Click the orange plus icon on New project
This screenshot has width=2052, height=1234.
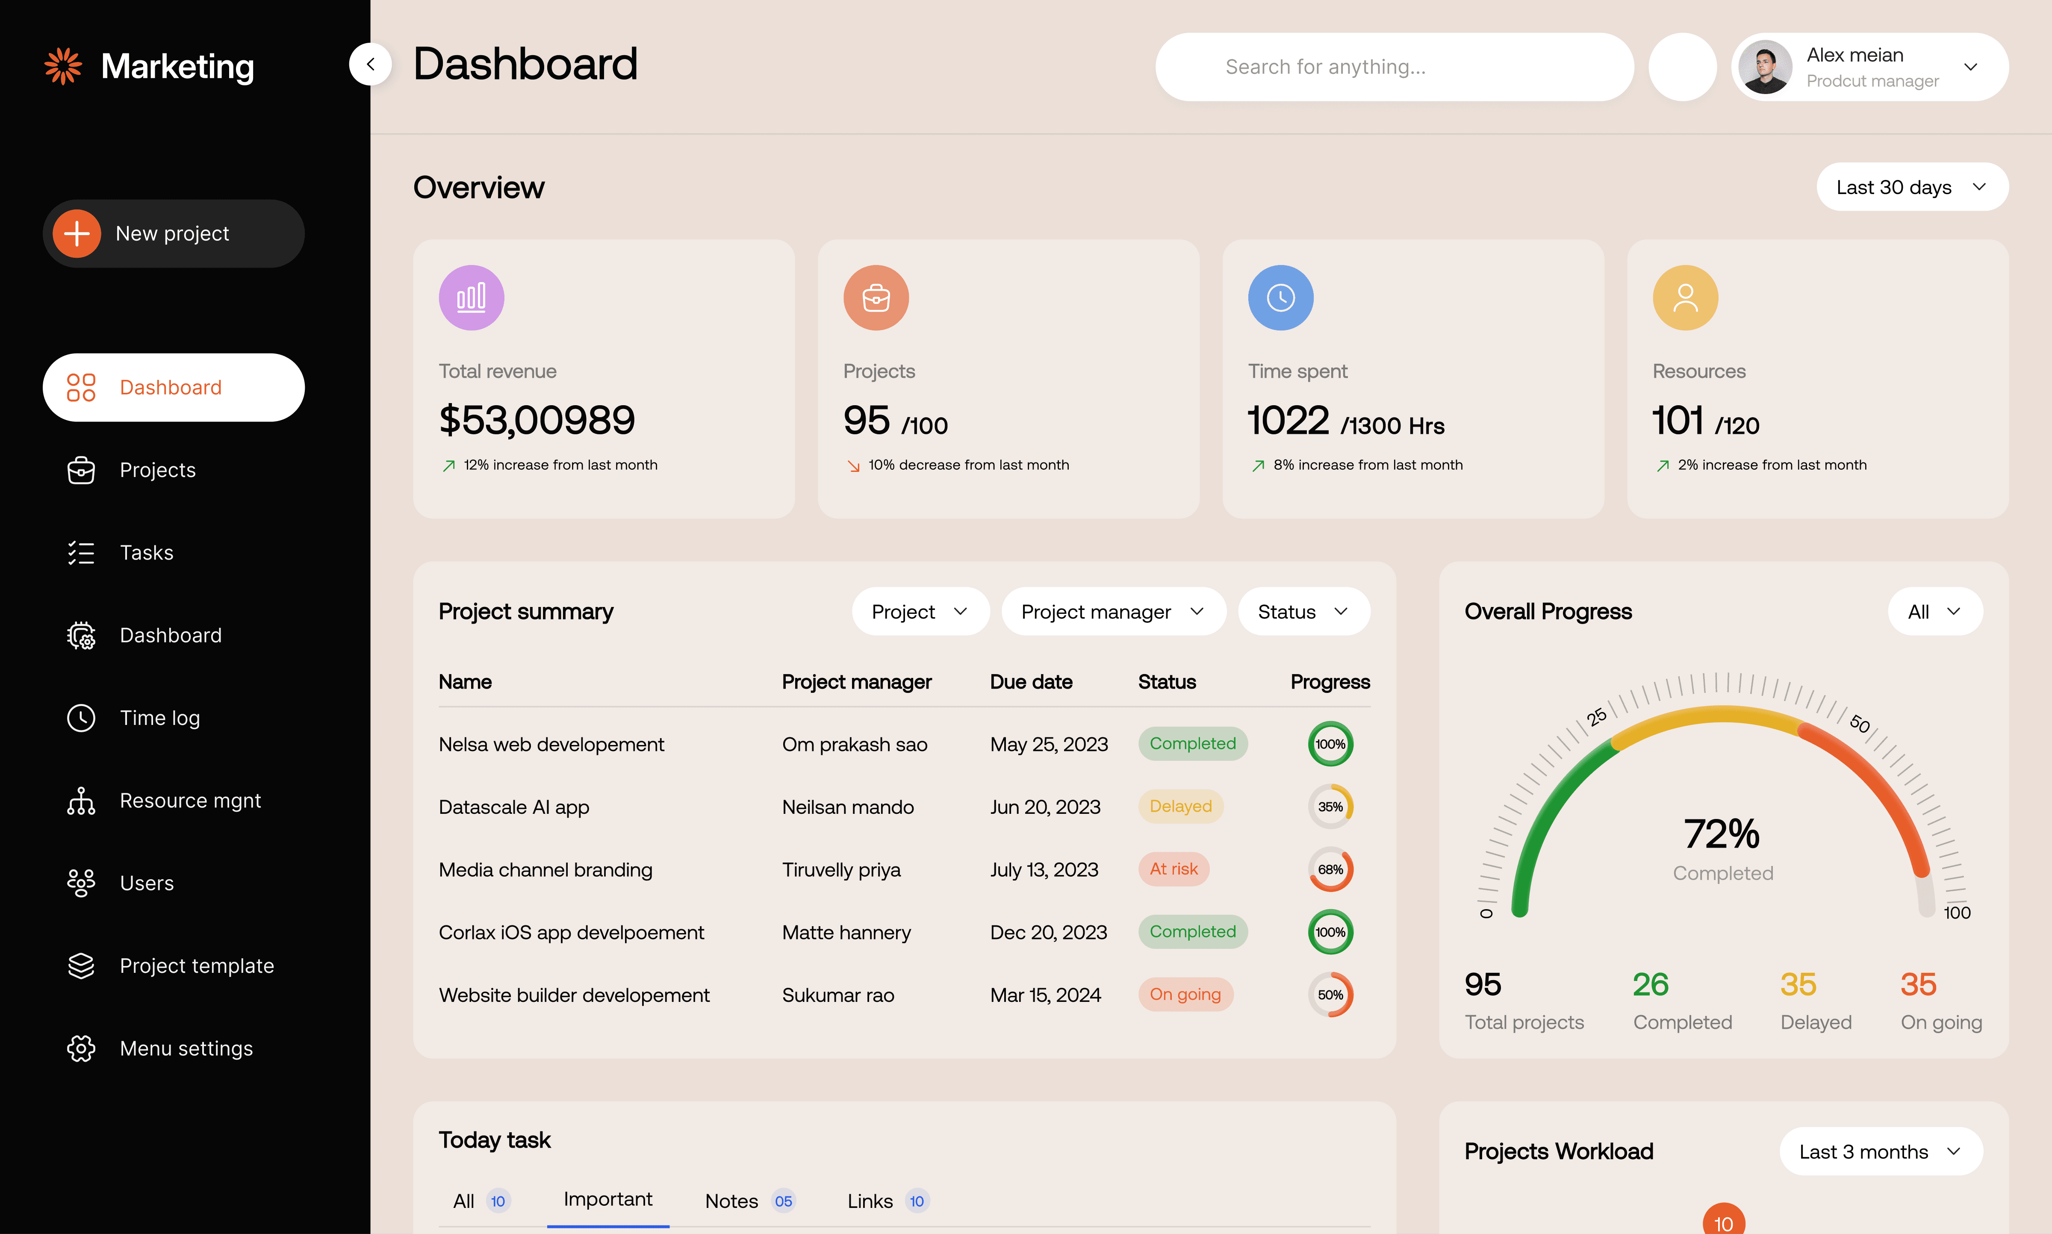[x=77, y=234]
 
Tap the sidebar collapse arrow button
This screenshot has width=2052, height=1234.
[x=370, y=64]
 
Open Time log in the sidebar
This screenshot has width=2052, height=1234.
[x=159, y=718]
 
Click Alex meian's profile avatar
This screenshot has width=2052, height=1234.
[x=1764, y=67]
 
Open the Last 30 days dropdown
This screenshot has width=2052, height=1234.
[x=1910, y=187]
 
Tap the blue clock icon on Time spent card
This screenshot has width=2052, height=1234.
[x=1280, y=297]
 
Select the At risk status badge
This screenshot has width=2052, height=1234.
[x=1173, y=869]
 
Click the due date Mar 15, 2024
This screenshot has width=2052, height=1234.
[x=1045, y=995]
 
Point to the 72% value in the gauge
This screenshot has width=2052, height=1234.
[x=1721, y=834]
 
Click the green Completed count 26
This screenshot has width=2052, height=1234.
[x=1651, y=984]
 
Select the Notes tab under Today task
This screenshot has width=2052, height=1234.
[x=732, y=1201]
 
